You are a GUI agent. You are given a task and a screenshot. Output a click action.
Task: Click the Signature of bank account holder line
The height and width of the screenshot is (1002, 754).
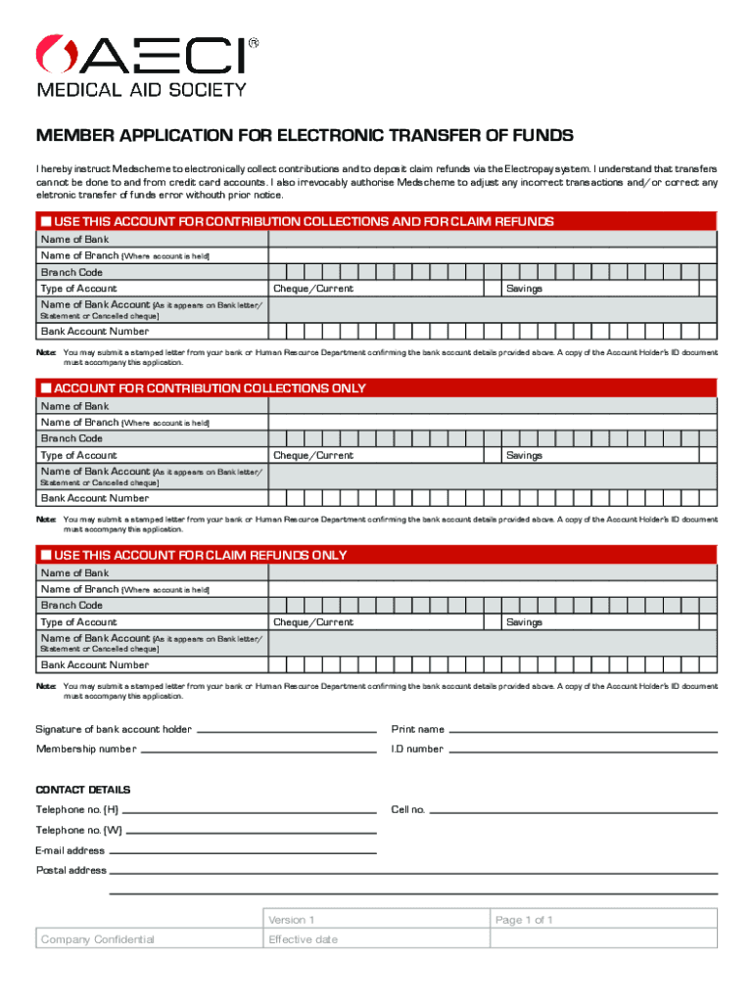[286, 730]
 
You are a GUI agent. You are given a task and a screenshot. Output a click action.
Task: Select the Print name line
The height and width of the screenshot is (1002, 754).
[583, 730]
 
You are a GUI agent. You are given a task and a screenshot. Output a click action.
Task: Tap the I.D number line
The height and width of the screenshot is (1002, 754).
[583, 750]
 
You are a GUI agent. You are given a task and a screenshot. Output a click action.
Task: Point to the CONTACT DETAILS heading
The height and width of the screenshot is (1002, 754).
[83, 790]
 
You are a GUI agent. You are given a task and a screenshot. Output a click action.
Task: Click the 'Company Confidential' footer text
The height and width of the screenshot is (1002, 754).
[98, 939]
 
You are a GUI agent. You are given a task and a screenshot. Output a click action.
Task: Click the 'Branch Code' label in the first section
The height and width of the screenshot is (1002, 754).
[71, 272]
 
